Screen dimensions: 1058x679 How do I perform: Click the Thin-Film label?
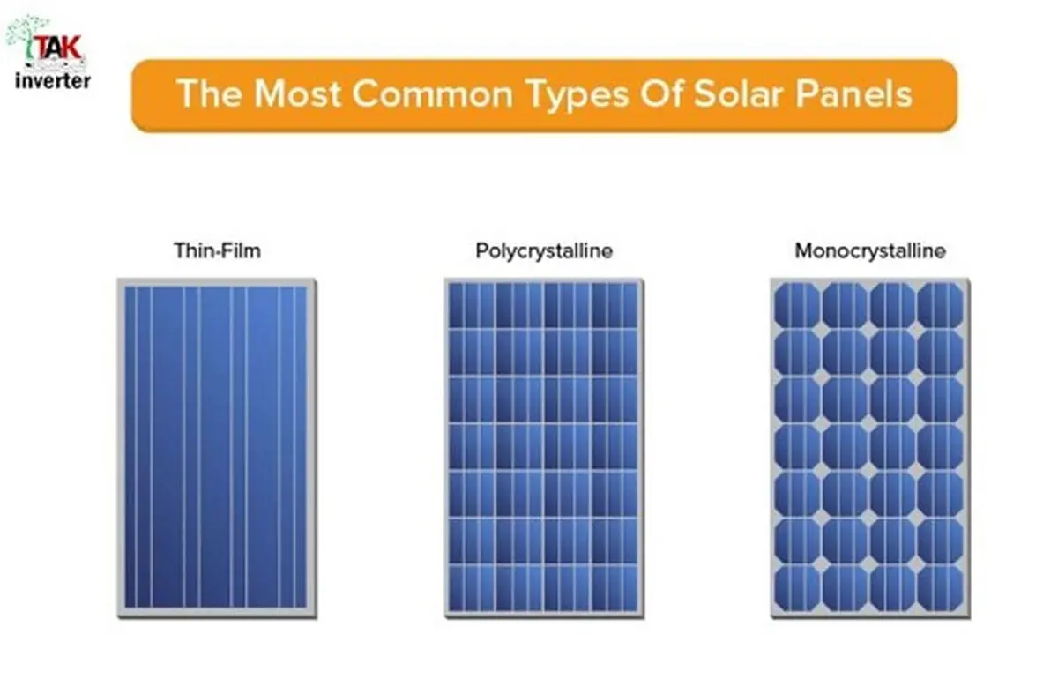[217, 250]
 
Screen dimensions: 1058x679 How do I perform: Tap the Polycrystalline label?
[544, 251]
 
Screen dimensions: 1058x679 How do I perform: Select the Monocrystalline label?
[870, 251]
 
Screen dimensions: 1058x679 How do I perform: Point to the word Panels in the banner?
[854, 94]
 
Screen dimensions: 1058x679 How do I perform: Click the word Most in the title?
[298, 94]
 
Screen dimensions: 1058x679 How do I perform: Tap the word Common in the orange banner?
[433, 94]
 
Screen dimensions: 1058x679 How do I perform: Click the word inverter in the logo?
[52, 81]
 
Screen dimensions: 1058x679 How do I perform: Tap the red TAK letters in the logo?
[59, 48]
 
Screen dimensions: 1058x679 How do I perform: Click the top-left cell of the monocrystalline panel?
[797, 305]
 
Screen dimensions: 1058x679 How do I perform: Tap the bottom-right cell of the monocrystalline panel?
[940, 589]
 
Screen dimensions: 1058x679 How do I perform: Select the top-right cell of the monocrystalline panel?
[940, 305]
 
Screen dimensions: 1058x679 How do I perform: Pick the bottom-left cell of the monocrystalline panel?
[797, 589]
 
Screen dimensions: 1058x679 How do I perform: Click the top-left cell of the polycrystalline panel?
[472, 305]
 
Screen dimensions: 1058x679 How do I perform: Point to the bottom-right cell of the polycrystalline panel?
[615, 588]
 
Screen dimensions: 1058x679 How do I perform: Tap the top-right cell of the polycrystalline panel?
[615, 305]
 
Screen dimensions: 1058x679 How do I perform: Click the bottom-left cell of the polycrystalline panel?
[472, 588]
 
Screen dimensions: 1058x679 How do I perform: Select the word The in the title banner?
[209, 94]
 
